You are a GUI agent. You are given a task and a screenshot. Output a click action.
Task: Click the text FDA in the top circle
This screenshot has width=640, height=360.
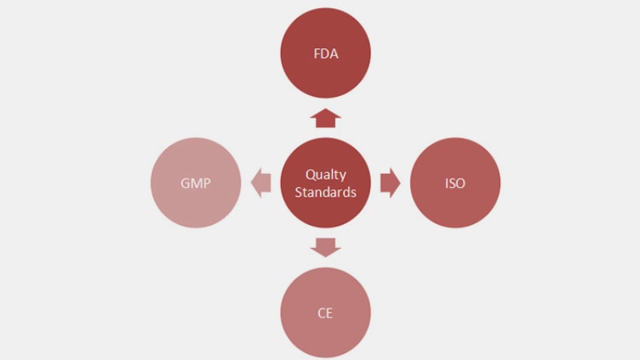(x=326, y=54)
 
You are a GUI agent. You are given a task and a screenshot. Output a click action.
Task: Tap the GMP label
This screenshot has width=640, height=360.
(x=195, y=183)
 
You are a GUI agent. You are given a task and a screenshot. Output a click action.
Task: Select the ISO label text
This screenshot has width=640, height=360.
(x=455, y=183)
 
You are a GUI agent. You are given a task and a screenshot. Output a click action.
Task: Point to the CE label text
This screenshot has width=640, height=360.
(x=325, y=313)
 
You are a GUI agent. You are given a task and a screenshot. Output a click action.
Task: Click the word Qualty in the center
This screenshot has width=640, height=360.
(x=326, y=175)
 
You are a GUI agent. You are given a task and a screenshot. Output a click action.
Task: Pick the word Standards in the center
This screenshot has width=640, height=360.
(x=326, y=192)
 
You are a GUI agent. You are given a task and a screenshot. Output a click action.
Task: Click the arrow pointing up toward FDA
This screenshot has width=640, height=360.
(x=326, y=118)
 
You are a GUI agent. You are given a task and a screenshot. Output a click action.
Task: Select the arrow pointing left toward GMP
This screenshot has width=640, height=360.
(x=261, y=183)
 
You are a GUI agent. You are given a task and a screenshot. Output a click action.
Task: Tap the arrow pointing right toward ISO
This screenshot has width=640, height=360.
(x=390, y=183)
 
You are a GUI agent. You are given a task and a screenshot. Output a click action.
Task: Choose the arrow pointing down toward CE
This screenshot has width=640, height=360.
(x=326, y=247)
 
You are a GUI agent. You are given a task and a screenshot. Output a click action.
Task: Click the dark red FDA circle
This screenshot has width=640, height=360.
(x=326, y=53)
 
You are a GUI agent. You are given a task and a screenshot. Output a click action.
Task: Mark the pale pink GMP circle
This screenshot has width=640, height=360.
(x=195, y=183)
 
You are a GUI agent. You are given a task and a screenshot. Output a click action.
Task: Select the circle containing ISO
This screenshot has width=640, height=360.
(x=455, y=183)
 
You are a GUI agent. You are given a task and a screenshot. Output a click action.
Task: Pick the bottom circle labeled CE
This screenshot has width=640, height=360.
(x=326, y=313)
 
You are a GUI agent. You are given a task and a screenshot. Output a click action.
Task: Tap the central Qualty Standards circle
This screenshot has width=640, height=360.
(x=326, y=183)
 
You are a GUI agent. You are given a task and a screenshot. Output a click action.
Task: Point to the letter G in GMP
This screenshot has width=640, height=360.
(x=185, y=183)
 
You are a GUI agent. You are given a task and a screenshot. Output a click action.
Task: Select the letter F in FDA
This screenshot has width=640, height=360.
(x=317, y=54)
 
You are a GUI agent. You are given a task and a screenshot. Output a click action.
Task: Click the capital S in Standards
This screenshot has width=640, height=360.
(x=298, y=192)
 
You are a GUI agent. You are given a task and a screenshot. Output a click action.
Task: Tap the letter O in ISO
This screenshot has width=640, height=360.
(x=461, y=183)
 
